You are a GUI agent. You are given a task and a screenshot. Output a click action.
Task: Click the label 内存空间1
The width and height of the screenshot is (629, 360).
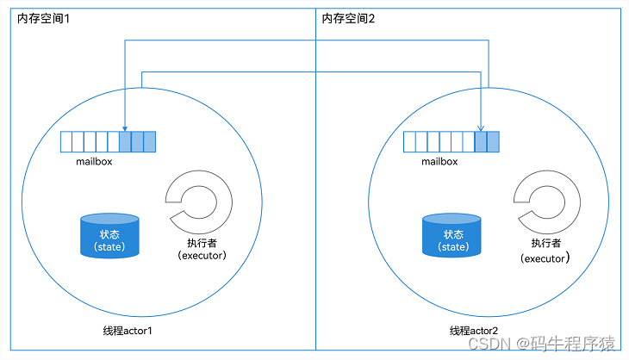pyautogui.click(x=43, y=19)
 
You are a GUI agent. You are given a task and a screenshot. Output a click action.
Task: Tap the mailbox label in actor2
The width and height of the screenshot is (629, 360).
pyautogui.click(x=439, y=160)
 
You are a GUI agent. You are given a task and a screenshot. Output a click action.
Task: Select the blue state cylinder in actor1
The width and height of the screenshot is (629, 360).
pyautogui.click(x=109, y=235)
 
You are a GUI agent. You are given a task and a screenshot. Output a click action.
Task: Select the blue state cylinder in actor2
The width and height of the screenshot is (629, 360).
pyautogui.click(x=452, y=235)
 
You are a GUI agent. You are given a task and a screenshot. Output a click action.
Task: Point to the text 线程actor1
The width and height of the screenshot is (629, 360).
pyautogui.click(x=128, y=331)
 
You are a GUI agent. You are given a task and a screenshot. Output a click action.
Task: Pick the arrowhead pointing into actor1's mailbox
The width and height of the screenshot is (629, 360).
pyautogui.click(x=126, y=126)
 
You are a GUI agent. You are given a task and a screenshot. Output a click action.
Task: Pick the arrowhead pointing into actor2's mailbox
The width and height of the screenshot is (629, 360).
pyautogui.click(x=481, y=126)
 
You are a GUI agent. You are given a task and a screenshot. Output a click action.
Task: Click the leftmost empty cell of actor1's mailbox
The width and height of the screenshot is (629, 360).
pyautogui.click(x=65, y=142)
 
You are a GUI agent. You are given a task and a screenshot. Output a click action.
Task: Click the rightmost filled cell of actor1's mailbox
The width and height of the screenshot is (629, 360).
pyautogui.click(x=150, y=142)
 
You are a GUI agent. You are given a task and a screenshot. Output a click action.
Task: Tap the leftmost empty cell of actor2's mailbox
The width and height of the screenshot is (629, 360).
pyautogui.click(x=409, y=142)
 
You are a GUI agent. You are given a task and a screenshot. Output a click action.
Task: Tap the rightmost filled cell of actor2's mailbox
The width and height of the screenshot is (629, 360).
pyautogui.click(x=493, y=142)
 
